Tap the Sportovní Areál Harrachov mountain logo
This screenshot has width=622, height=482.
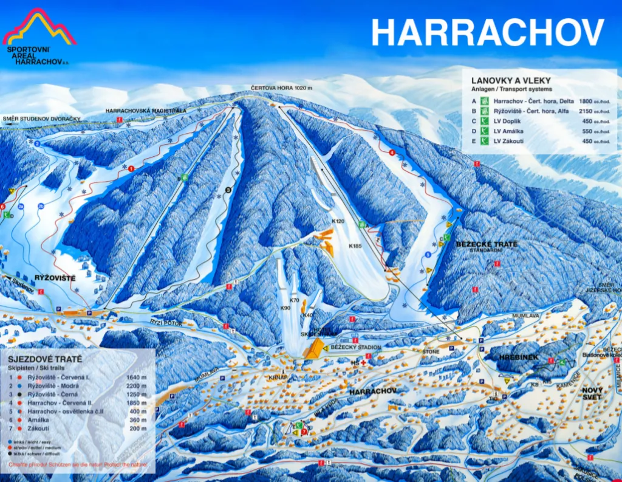39,28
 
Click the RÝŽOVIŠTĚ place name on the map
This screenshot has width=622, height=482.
55,278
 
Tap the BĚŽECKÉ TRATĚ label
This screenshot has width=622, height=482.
487,244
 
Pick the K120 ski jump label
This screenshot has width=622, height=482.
338,221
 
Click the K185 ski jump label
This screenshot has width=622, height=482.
355,246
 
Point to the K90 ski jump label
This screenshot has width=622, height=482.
285,308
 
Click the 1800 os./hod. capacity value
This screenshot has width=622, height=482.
593,102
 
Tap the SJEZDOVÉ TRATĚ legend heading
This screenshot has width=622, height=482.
45,359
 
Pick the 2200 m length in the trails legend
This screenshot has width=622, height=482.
137,386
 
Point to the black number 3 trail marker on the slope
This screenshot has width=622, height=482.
228,190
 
